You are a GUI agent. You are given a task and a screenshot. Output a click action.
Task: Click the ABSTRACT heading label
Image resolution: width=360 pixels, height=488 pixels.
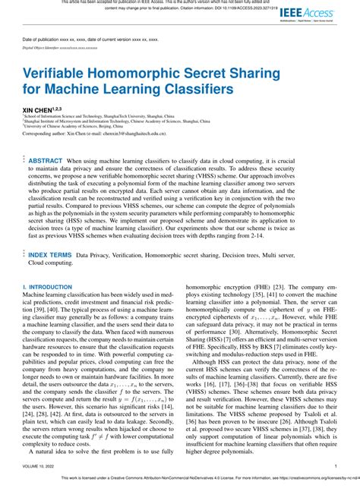(x=46, y=162)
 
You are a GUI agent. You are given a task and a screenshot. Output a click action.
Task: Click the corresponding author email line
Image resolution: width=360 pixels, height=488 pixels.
(x=106, y=133)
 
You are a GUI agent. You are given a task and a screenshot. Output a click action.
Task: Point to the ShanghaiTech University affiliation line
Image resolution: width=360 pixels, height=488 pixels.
(x=115, y=117)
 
